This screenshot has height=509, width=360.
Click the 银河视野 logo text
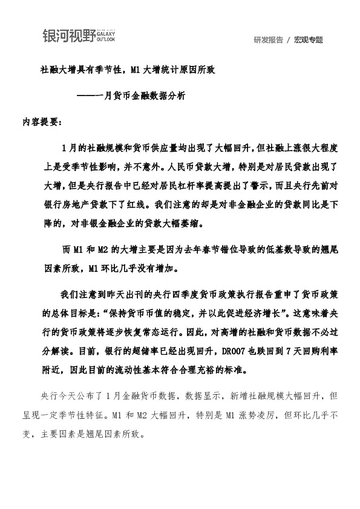pos(68,36)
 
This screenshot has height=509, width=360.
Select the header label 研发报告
pos(269,40)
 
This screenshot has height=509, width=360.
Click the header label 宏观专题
pos(309,40)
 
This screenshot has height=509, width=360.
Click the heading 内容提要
pos(40,121)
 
